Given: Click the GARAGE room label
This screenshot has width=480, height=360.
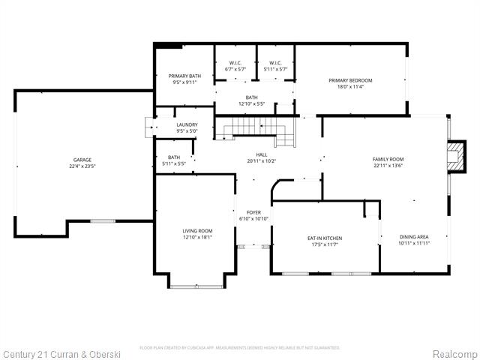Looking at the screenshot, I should click(82, 160).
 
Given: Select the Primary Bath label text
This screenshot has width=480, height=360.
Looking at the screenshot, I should click(184, 76).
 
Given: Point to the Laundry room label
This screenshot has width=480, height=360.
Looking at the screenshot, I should click(187, 124).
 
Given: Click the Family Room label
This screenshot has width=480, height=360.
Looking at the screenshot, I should click(388, 159).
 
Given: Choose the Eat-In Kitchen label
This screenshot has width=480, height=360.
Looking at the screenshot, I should click(325, 238).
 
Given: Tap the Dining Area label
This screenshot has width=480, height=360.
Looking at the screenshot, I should click(414, 238).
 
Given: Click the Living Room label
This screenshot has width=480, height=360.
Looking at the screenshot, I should click(197, 231).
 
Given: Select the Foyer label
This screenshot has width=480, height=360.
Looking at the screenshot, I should click(253, 212).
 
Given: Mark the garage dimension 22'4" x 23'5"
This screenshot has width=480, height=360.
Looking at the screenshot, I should click(82, 166).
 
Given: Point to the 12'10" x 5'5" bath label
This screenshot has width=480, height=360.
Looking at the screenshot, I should click(252, 100).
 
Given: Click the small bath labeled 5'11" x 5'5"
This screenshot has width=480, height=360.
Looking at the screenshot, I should click(174, 160).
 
